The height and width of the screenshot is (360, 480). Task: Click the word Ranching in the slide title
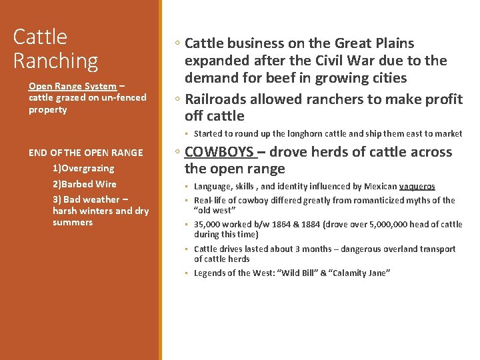tap(55, 61)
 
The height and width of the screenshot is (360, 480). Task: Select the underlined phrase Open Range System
tap(72, 86)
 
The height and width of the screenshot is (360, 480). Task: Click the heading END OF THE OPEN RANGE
tap(85, 153)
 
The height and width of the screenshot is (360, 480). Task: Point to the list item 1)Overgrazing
tap(83, 168)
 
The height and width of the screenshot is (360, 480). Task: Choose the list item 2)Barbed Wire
tap(84, 184)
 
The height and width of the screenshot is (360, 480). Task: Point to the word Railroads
tap(218, 99)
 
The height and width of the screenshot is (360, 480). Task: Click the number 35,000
tap(209, 225)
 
